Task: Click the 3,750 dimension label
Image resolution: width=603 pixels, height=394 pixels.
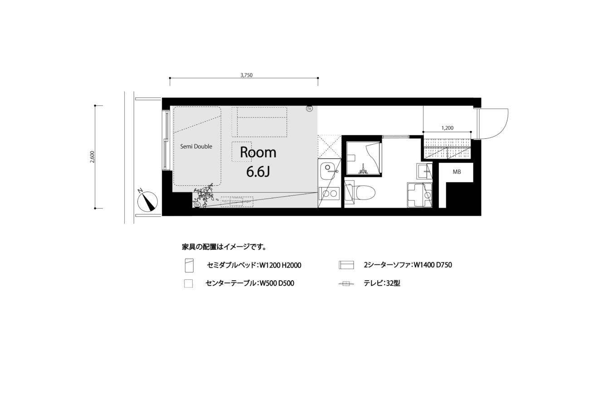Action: [x=246, y=75]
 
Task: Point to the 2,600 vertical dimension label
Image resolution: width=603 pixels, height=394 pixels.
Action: [x=92, y=157]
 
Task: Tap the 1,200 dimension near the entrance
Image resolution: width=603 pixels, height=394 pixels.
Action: [x=447, y=128]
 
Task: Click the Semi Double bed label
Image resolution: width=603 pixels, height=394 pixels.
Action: [x=196, y=146]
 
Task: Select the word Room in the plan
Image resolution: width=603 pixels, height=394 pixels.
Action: [x=258, y=152]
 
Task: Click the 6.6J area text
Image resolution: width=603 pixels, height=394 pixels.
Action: [x=258, y=172]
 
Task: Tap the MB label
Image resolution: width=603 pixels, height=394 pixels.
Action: [x=457, y=172]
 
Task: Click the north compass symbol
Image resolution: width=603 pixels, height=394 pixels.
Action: [x=147, y=201]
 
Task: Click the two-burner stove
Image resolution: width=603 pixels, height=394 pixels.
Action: [x=330, y=193]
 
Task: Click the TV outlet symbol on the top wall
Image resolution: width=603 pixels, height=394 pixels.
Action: [x=309, y=109]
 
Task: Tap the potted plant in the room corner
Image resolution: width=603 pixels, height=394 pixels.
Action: [x=205, y=195]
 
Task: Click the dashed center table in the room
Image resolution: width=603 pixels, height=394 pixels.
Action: [x=242, y=152]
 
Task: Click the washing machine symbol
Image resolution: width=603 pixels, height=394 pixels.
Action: [x=420, y=195]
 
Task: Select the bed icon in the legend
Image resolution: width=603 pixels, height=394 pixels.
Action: [x=189, y=265]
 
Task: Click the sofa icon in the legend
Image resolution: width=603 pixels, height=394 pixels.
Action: [x=346, y=265]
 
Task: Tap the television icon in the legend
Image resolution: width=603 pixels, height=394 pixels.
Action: [x=346, y=283]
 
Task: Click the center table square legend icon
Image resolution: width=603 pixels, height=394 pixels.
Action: [x=189, y=284]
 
